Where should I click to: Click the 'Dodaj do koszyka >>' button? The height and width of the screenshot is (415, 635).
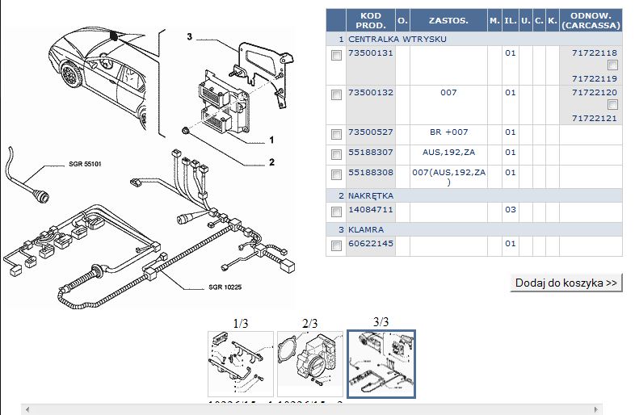point(567,283)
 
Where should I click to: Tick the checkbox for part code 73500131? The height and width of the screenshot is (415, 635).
point(336,56)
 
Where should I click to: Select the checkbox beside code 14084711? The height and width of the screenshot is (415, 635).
point(336,212)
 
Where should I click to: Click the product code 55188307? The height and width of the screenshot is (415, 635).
point(370,152)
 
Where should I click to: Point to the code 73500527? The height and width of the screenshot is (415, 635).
point(370,132)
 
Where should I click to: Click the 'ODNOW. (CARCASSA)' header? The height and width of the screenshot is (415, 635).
point(591,20)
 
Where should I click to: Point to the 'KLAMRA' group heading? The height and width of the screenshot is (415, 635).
point(365,229)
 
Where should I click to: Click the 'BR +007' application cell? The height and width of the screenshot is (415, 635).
point(448,132)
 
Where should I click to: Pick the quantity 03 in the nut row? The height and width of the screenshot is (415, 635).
point(510,210)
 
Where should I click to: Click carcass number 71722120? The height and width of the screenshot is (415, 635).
point(594,93)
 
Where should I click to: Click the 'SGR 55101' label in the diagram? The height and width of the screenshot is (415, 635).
point(84,164)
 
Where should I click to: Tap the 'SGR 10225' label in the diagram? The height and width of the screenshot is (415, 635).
point(225,287)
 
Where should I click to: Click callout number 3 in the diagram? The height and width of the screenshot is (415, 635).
point(189,37)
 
